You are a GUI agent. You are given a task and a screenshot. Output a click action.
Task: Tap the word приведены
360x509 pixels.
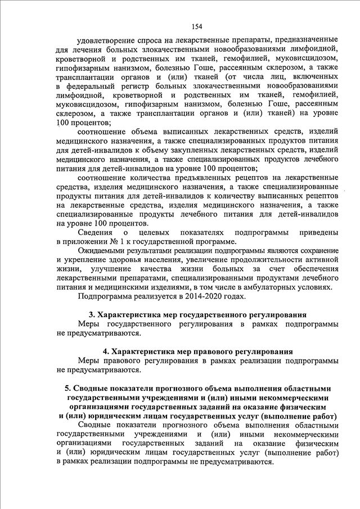(x=318, y=232)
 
